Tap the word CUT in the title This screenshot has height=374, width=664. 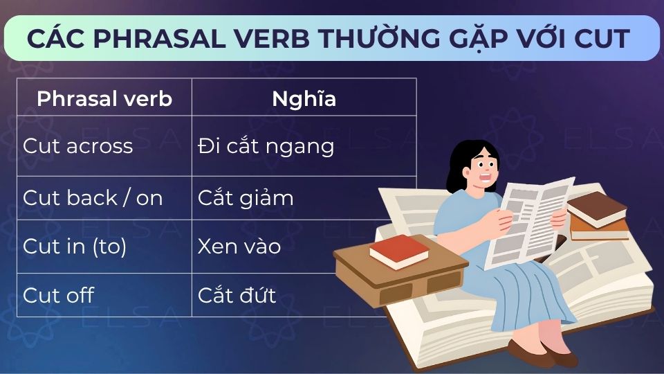tap(601, 39)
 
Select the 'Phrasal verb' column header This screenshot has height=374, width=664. tap(104, 98)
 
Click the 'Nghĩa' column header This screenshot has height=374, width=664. tap(304, 98)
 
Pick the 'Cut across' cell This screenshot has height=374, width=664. tap(77, 146)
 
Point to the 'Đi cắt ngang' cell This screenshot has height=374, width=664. tap(266, 146)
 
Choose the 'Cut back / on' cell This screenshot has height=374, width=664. tap(93, 198)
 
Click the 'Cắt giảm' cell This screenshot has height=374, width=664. tap(246, 198)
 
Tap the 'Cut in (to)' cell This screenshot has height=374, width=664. tap(75, 247)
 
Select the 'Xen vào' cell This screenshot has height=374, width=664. tap(239, 247)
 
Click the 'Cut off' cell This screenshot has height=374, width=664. tap(58, 295)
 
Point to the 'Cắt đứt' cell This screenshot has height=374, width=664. tap(237, 295)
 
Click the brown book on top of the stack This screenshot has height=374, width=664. tap(596, 207)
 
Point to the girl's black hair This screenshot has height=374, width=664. tap(460, 166)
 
